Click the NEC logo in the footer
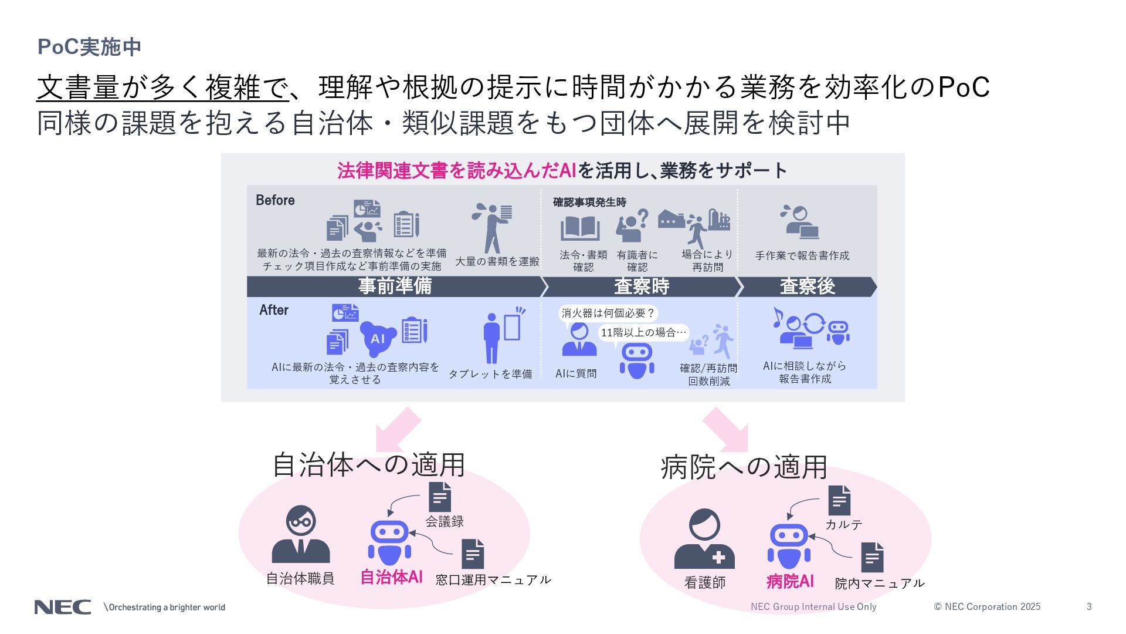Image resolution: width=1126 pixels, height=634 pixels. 62,607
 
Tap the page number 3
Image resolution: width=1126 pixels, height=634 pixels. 1089,607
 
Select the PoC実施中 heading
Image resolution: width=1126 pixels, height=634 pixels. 89,47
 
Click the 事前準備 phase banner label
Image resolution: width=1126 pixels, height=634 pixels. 395,286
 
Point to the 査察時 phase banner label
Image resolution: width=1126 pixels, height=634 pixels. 641,286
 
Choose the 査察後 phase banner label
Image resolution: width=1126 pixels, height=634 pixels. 807,286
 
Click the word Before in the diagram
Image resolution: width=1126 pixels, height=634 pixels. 275,200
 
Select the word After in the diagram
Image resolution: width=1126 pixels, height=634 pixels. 274,310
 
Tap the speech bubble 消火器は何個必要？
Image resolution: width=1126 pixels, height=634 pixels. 608,313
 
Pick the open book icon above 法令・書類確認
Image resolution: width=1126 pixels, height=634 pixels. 580,228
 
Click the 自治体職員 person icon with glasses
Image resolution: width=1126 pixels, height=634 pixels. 301,535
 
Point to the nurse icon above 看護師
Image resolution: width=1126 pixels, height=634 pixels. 704,539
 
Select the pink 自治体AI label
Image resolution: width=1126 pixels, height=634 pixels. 391,577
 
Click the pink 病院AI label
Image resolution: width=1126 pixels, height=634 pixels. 790,581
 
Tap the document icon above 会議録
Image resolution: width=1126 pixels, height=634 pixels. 440,497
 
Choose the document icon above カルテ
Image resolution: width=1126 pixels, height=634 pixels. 839,501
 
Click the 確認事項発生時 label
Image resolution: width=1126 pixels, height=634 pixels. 589,203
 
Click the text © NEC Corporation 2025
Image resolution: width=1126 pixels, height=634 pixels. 987,607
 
